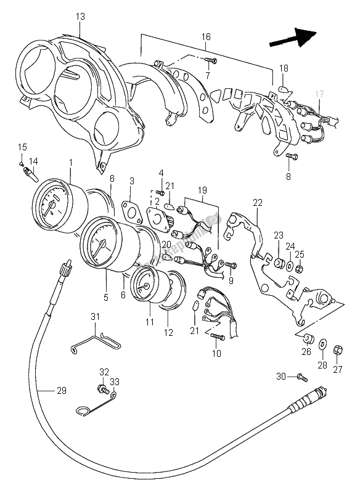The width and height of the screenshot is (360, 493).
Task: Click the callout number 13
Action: click(80, 16)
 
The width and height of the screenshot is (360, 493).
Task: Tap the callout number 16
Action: click(205, 37)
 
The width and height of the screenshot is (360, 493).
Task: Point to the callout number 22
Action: click(257, 202)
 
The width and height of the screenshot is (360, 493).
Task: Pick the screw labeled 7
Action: click(211, 60)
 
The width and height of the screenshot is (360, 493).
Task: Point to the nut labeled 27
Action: click(338, 351)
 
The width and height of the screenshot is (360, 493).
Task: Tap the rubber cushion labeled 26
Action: click(306, 338)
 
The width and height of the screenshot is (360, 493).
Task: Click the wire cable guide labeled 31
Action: click(96, 341)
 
